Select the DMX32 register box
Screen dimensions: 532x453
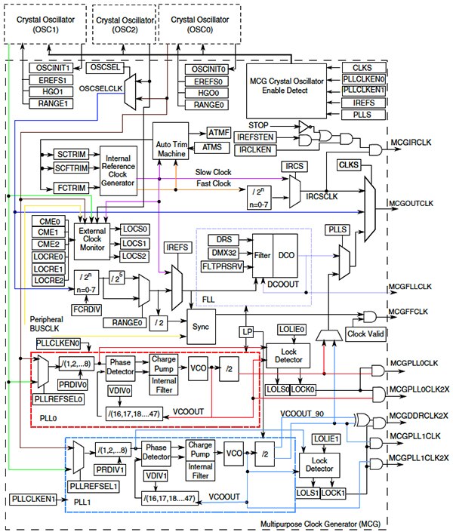coord(226,252)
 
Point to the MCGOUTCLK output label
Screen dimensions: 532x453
coord(413,204)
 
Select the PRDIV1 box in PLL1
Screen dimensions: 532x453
coord(110,468)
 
